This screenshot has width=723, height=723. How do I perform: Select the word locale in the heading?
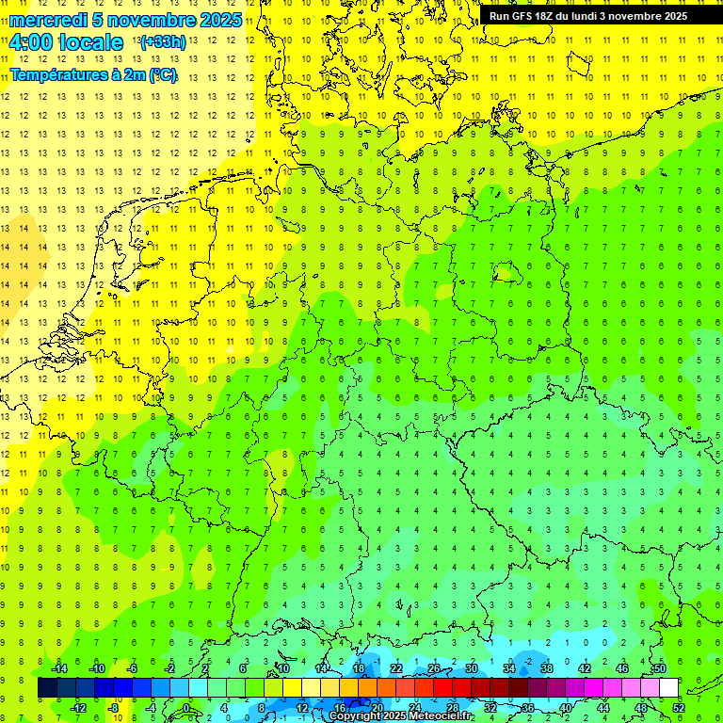click(x=90, y=42)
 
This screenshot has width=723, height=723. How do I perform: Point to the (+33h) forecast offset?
click(x=162, y=42)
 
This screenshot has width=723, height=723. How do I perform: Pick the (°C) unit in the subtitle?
click(x=161, y=74)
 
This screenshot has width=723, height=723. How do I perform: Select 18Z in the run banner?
click(x=546, y=16)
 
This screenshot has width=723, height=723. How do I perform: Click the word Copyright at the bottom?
click(x=356, y=716)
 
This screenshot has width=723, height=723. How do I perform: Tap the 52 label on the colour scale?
click(x=679, y=708)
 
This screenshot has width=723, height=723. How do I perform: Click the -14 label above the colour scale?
click(x=58, y=668)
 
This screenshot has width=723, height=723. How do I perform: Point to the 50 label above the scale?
click(x=660, y=668)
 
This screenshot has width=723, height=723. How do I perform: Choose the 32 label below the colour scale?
click(x=490, y=708)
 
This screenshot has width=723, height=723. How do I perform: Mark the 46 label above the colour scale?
click(x=622, y=668)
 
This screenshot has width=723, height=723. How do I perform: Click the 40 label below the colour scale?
click(x=566, y=708)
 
